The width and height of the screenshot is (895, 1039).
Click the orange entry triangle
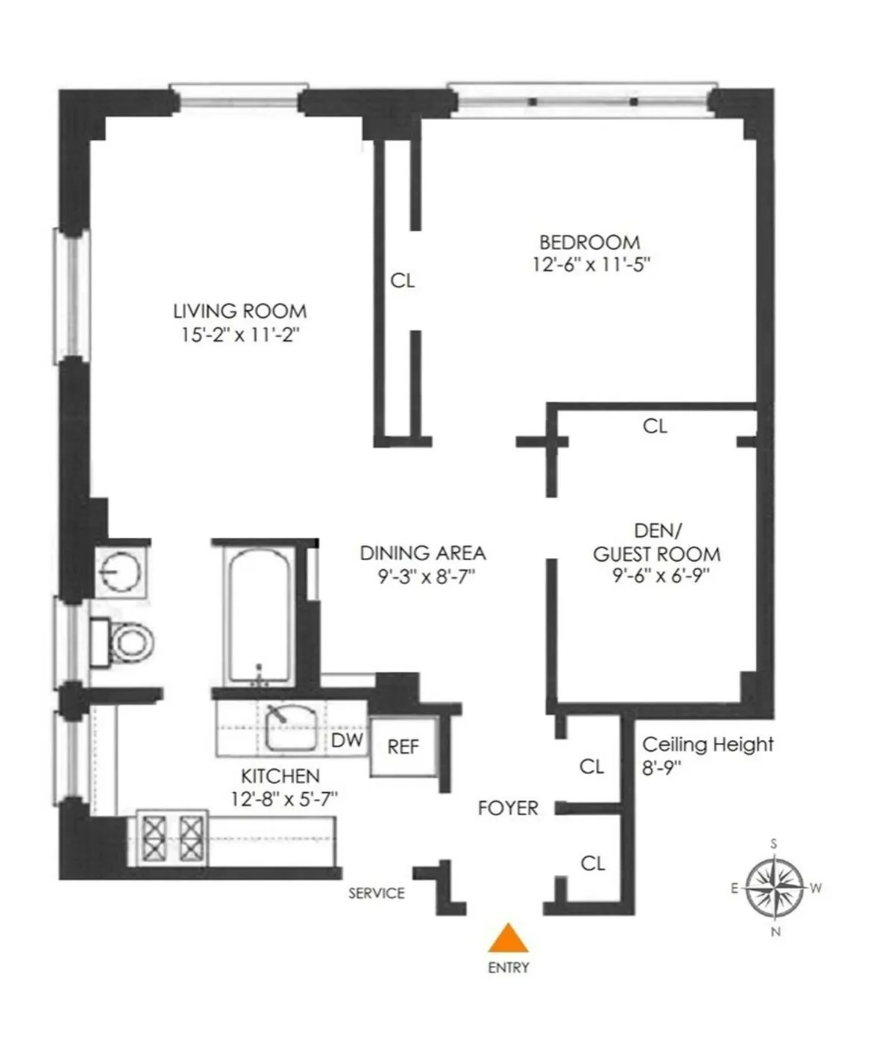click(508, 939)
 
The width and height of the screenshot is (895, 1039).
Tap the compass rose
click(776, 888)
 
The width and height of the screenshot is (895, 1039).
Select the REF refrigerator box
click(403, 747)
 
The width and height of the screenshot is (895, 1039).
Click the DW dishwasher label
click(347, 740)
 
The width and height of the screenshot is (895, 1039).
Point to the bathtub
click(258, 615)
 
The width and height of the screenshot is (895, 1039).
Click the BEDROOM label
click(589, 242)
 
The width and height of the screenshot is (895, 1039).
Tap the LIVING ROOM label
click(239, 311)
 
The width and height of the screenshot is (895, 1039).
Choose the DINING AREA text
click(422, 553)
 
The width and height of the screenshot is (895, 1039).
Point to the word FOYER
click(508, 808)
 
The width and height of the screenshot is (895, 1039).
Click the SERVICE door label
click(377, 893)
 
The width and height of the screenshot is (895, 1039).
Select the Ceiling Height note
click(707, 755)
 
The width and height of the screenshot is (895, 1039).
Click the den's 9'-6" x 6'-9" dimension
click(656, 576)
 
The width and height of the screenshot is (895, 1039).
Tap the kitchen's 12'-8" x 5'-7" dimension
click(284, 799)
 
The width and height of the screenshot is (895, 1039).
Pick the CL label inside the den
click(655, 426)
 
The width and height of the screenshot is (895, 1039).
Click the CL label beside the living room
click(402, 281)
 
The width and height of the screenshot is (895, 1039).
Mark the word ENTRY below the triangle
click(509, 967)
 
